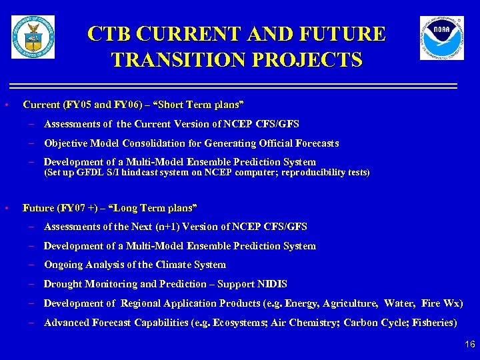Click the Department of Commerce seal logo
[33, 37]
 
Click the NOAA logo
[441, 38]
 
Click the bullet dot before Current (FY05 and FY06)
[6, 105]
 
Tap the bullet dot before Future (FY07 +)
[6, 208]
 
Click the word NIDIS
[273, 284]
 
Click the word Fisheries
[435, 323]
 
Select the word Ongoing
[64, 265]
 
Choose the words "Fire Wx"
[440, 303]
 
